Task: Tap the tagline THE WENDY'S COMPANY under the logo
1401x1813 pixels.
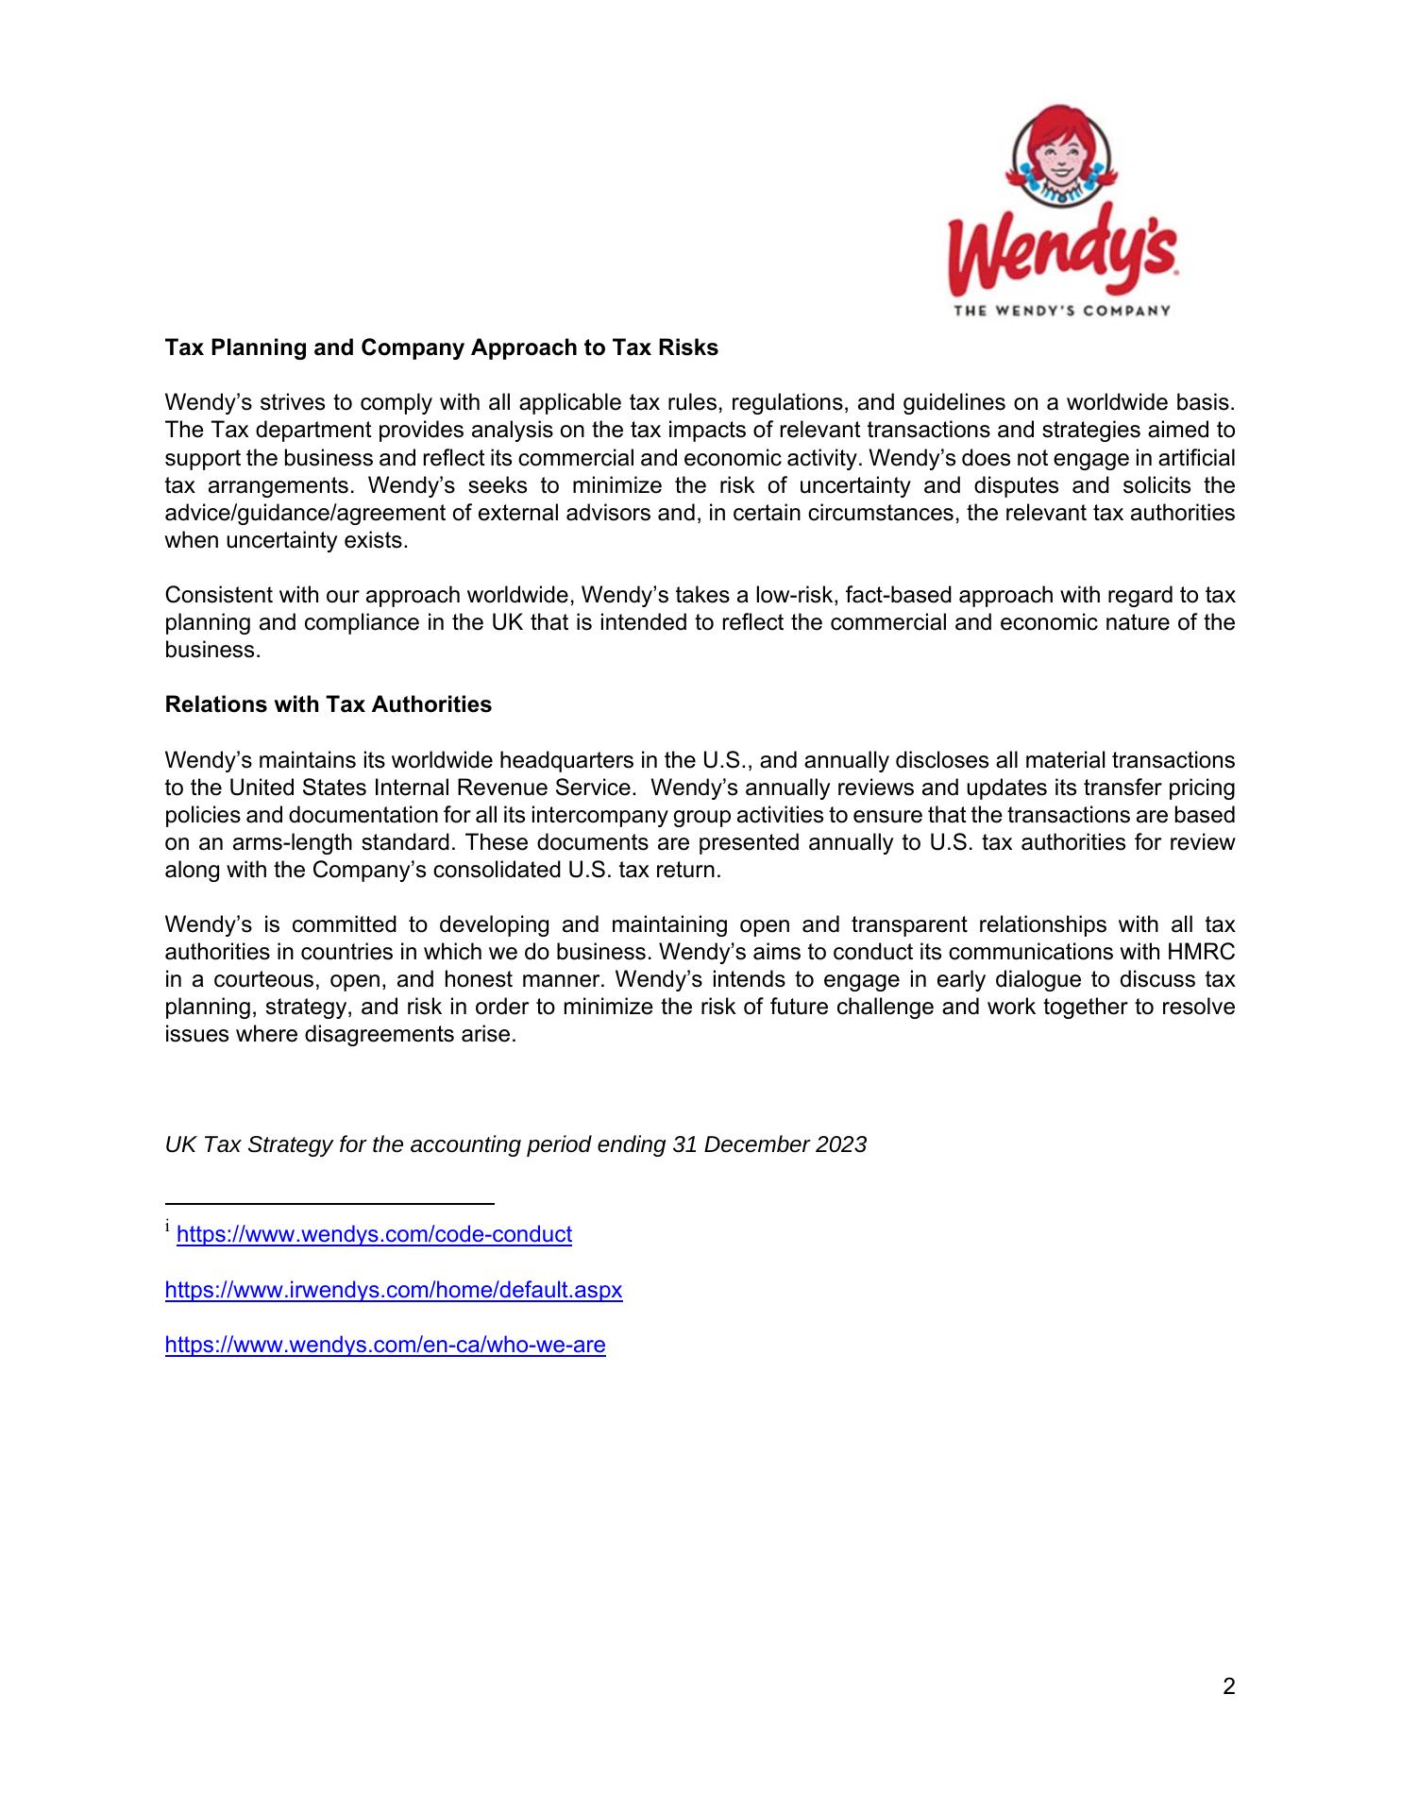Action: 1062,310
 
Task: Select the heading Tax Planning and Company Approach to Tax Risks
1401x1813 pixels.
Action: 441,347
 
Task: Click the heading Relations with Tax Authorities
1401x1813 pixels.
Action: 328,704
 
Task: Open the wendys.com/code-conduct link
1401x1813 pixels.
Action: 374,1234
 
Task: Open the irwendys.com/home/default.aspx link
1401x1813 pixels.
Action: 393,1289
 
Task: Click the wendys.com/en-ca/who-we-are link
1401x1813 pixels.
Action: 384,1345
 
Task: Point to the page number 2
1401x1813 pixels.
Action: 1228,1686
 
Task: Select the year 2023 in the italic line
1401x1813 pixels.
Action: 841,1144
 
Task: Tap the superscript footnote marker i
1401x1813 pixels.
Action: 168,1228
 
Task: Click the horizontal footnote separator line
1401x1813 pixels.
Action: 329,1204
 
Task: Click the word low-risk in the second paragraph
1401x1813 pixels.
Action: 794,596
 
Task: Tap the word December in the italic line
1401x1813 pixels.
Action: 753,1144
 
